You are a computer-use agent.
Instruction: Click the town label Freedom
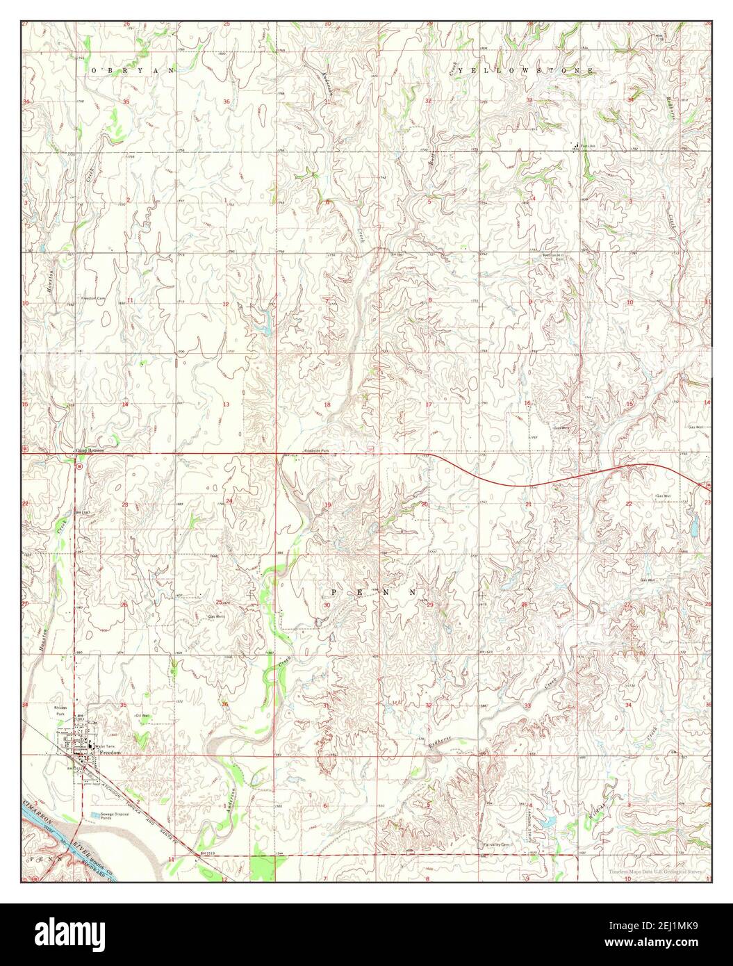tap(110, 753)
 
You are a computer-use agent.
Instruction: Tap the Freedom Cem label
tap(96, 295)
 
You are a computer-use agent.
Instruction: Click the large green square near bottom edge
tap(263, 869)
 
